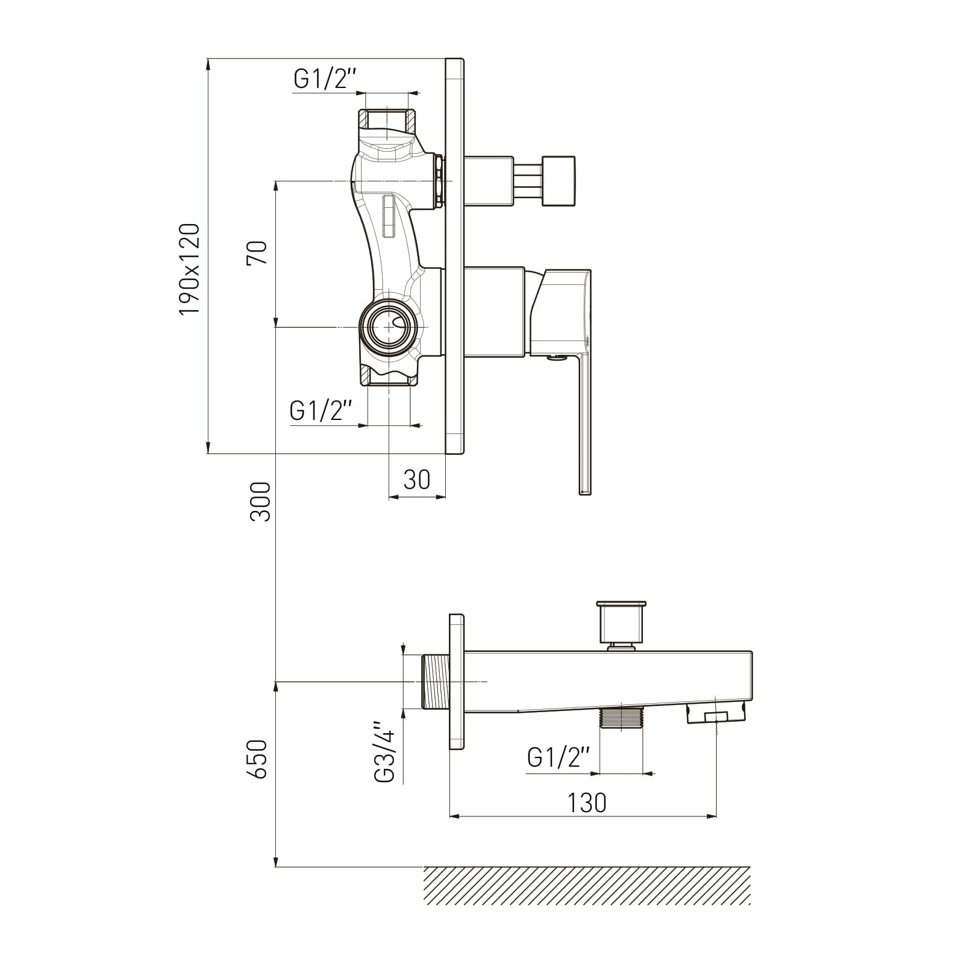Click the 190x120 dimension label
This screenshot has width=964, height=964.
pos(189,269)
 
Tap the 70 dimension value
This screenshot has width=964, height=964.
pos(257,252)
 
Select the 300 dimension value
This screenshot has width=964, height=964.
pos(261,501)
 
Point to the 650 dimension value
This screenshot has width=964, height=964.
pos(257,759)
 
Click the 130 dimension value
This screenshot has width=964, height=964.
pos(587,803)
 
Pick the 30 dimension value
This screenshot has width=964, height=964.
pos(417,480)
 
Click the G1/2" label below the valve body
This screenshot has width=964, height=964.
pos(321,411)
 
